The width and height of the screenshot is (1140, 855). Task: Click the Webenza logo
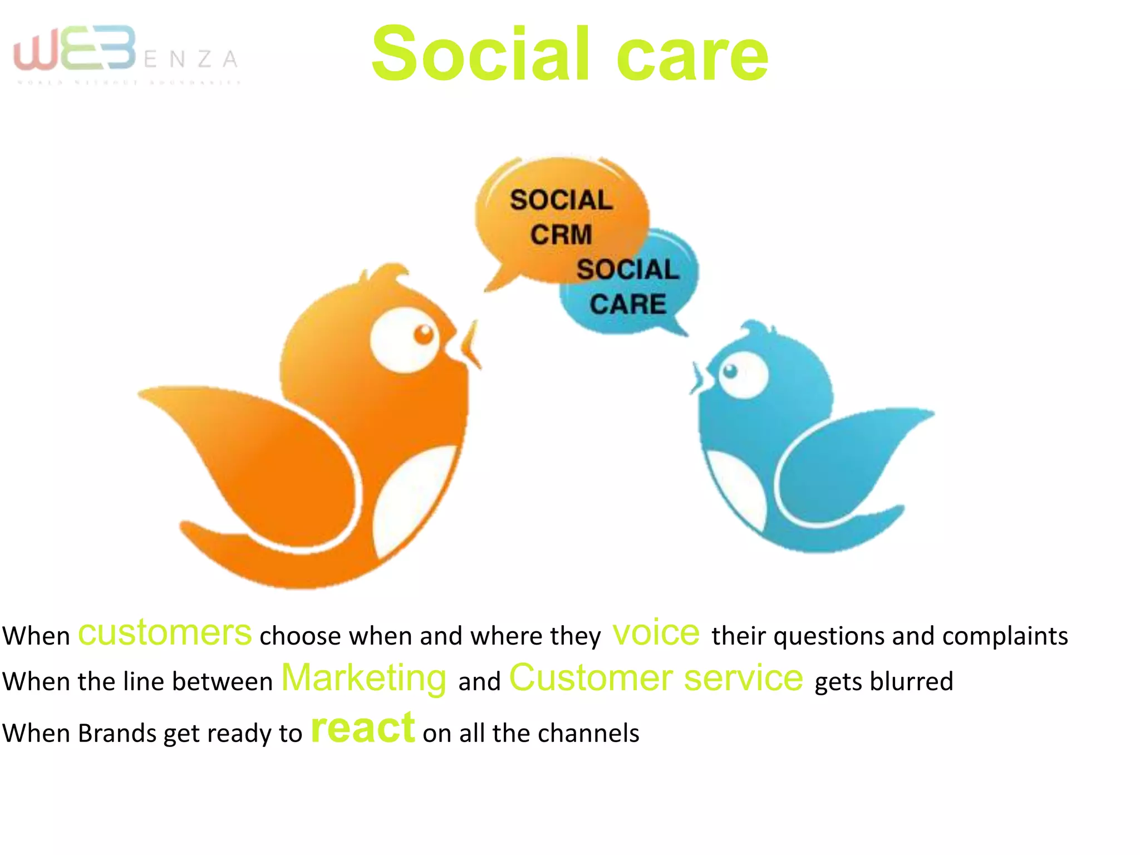click(125, 53)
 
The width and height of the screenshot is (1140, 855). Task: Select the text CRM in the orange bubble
click(561, 234)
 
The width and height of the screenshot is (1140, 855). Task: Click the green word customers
click(165, 633)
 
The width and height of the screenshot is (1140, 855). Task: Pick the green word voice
click(656, 633)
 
